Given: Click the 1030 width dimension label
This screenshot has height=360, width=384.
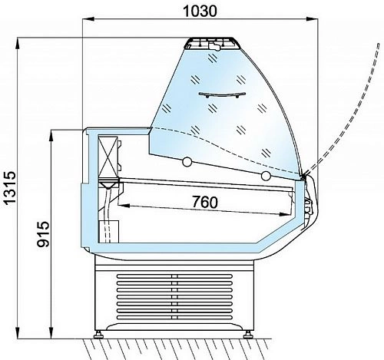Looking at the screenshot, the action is coord(200,11).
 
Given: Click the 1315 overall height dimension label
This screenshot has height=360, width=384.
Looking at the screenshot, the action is coord(11,188).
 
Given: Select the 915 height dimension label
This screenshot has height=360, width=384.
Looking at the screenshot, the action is coord(43,234).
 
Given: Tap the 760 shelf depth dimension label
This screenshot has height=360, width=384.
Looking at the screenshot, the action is coord(205,202).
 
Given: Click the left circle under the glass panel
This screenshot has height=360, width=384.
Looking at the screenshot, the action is coord(187,162).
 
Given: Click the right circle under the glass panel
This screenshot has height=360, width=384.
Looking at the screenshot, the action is coord(266,176).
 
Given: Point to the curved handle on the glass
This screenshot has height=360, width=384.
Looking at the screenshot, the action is coord(222,95).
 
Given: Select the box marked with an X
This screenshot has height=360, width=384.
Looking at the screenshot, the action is coord(108,156).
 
